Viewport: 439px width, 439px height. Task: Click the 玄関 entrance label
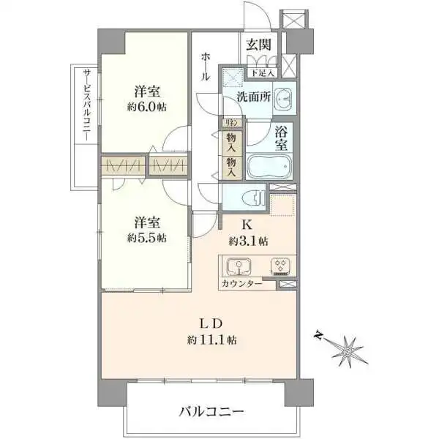click(x=260, y=45)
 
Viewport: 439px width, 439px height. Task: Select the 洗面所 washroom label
click(x=254, y=96)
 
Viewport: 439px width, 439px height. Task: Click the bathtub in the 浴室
click(x=270, y=166)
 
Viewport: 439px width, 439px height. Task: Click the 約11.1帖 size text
click(x=211, y=339)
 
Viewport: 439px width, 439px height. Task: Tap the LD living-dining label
click(x=211, y=323)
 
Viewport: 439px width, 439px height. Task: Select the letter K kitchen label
click(x=247, y=225)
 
